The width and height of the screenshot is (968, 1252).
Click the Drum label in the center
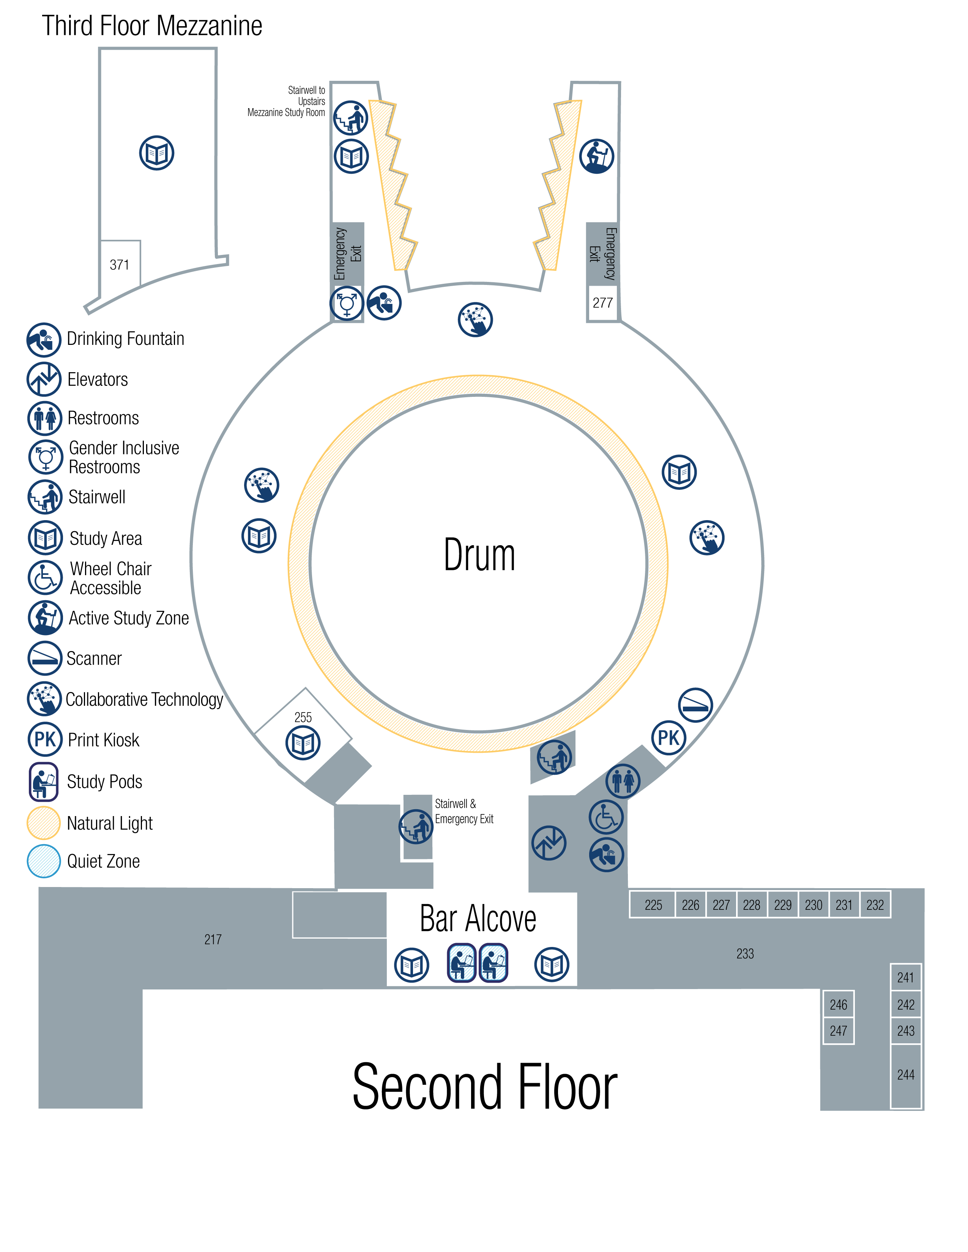point(479,555)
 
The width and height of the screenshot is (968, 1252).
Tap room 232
point(875,904)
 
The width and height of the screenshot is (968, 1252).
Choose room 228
point(751,904)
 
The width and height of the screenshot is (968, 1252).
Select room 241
point(905,977)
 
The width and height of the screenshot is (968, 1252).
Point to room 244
point(905,1075)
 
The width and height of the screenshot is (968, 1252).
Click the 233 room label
point(745,954)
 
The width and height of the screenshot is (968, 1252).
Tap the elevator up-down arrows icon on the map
point(549,843)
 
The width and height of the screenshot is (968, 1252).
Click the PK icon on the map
point(668,738)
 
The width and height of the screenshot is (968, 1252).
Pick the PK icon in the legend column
point(45,739)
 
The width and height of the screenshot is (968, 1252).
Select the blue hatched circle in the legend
point(44,861)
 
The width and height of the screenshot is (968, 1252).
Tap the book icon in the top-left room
point(156,153)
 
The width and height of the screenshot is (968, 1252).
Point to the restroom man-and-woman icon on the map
point(623,781)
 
